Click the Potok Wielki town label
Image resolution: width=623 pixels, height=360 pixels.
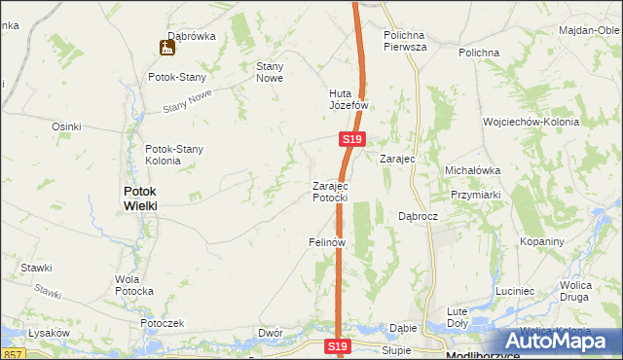point(140,198)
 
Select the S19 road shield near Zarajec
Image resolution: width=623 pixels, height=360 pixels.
point(353,141)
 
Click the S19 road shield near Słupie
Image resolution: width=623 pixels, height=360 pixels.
point(337,346)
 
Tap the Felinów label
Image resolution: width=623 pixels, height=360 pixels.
point(328,241)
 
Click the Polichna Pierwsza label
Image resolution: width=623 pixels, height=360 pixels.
point(406,39)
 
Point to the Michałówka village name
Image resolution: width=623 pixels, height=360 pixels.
point(472,169)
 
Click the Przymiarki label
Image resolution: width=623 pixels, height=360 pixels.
point(475,194)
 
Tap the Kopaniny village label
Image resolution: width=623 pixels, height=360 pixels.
point(542,240)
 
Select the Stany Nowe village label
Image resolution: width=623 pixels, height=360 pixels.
point(269,72)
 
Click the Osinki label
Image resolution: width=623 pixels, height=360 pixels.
point(66,126)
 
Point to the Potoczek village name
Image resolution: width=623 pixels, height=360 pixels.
point(162,322)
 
